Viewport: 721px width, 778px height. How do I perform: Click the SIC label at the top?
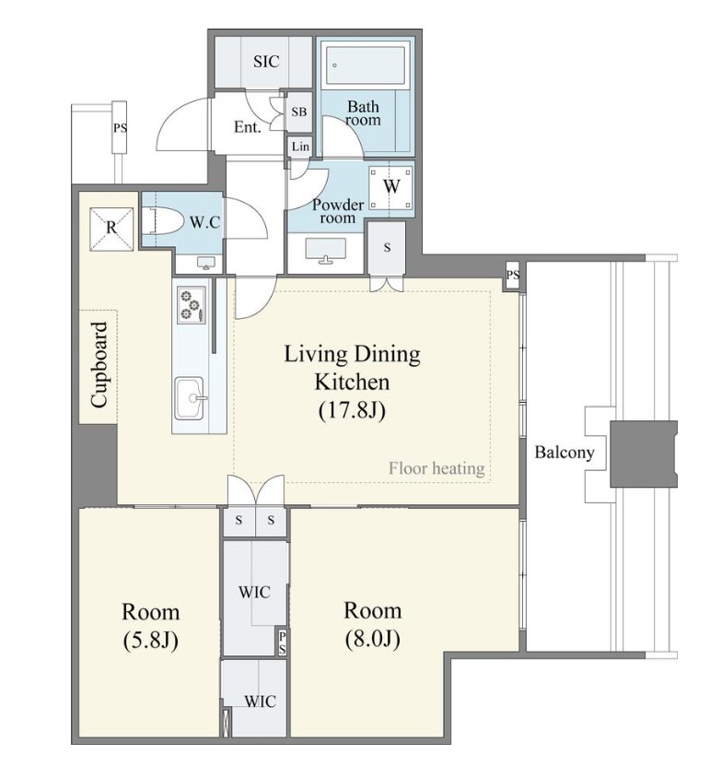point(266,62)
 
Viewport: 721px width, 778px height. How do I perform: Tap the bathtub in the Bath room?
point(366,65)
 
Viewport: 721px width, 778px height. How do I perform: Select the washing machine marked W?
point(391,187)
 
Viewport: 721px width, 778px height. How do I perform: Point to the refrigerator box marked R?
point(111,229)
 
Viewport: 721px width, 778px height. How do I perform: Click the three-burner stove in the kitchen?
point(192,305)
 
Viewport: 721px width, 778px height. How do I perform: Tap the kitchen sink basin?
point(190,398)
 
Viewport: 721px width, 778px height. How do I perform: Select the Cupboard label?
point(99,365)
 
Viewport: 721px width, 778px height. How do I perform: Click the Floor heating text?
point(436,468)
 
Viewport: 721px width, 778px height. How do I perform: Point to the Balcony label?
point(564,453)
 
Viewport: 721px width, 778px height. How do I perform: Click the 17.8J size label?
point(353,410)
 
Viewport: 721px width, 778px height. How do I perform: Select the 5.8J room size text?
point(151,640)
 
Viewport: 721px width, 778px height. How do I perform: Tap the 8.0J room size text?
point(373,639)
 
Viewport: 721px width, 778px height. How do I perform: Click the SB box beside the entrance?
point(299,112)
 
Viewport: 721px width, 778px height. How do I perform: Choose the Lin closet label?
point(300,147)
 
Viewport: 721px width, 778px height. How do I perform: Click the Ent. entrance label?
point(248,127)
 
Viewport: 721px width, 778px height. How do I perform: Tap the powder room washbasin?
point(326,251)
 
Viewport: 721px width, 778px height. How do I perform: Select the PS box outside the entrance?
point(120,127)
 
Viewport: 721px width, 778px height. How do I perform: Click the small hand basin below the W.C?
point(206,262)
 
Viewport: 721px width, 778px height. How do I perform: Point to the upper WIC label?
point(254,592)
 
